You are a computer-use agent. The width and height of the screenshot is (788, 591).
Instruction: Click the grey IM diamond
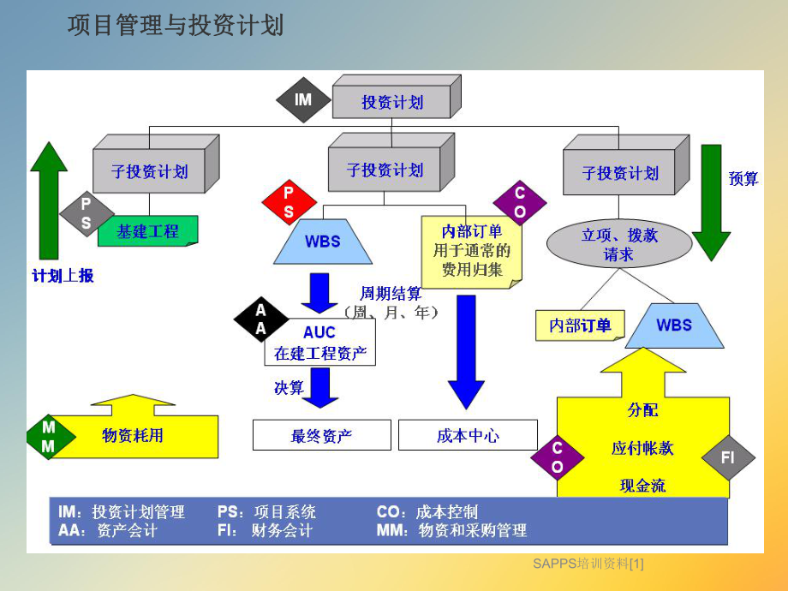[303, 100]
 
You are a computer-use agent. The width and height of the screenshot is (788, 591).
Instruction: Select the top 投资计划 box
[391, 102]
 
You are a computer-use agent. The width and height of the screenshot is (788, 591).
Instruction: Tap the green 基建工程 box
[148, 231]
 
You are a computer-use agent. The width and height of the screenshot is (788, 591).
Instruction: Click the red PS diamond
[289, 202]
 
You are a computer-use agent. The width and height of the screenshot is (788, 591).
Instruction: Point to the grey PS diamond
[86, 213]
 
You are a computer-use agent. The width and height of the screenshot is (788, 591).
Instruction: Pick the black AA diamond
[261, 319]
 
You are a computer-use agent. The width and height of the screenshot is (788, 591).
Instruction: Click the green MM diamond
[49, 436]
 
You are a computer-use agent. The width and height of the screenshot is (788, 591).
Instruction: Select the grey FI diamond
[728, 458]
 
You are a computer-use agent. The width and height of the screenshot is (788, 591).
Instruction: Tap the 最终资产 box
[321, 435]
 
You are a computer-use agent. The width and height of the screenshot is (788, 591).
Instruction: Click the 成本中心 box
[468, 435]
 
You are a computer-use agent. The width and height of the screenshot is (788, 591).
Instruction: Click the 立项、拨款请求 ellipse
[619, 244]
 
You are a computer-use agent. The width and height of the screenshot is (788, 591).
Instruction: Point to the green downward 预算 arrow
[711, 201]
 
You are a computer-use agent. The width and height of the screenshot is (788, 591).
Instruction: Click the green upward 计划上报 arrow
[50, 201]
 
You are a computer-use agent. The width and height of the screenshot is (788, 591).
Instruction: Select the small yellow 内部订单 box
[580, 325]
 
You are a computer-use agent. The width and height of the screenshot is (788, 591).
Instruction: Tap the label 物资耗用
[133, 435]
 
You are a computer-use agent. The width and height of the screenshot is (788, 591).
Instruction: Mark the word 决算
[289, 387]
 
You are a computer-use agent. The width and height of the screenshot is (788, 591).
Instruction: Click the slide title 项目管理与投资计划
[176, 27]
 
